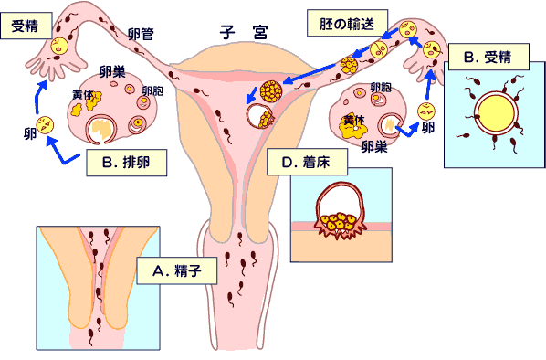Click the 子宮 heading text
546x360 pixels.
[242, 29]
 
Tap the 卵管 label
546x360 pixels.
[141, 33]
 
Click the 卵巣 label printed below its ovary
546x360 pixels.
[376, 145]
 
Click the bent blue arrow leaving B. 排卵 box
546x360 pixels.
[64, 154]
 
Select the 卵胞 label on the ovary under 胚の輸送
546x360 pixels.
[381, 88]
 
